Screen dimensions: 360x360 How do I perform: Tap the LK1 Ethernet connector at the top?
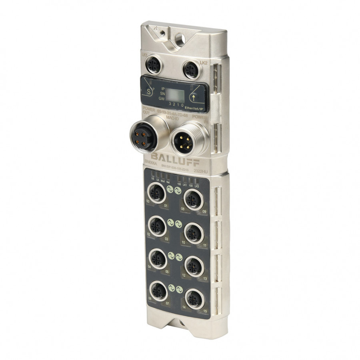[154, 65]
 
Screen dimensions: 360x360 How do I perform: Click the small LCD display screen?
[175, 95]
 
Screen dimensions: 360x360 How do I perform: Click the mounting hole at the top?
[180, 38]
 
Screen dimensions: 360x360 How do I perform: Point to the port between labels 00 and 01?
[157, 194]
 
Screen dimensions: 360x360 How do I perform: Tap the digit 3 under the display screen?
[170, 104]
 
